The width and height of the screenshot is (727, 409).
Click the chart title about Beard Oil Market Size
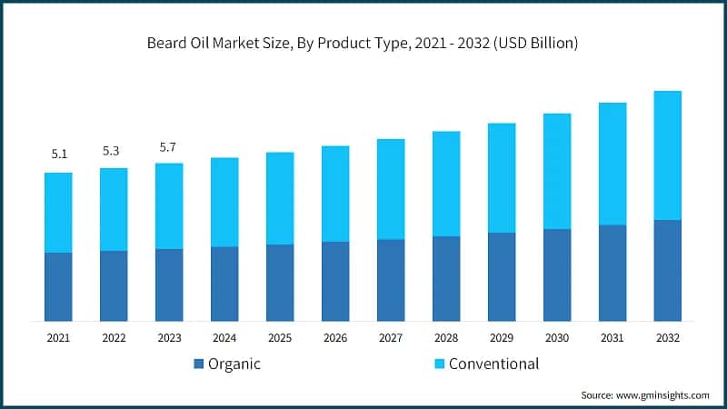tap(363, 43)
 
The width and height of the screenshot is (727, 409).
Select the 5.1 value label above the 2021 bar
tap(58, 155)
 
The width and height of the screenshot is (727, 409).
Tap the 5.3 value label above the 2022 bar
tap(114, 150)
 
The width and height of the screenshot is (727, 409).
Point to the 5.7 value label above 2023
tap(169, 145)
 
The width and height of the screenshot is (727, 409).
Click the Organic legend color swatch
tap(199, 364)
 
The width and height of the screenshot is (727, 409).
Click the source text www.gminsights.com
tap(644, 395)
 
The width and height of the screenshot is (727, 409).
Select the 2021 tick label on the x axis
tap(58, 337)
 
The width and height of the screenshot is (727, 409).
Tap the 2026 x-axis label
tap(335, 337)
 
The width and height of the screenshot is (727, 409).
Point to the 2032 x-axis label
tap(667, 337)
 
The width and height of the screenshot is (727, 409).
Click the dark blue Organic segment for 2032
tap(667, 270)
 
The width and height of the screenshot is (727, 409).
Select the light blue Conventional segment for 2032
tap(667, 155)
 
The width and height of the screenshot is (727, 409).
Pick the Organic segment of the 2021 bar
tap(58, 286)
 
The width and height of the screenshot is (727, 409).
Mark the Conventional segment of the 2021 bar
tap(58, 213)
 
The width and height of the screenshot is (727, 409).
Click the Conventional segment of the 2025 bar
tap(280, 198)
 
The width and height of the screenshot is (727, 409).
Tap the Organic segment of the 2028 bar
tap(446, 278)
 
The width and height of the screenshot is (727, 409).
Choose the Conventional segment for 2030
tap(557, 171)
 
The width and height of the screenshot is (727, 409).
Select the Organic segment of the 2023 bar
tap(169, 284)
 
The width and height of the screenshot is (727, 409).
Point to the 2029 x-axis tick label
tap(502, 337)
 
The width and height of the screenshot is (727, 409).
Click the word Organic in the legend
tap(235, 364)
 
